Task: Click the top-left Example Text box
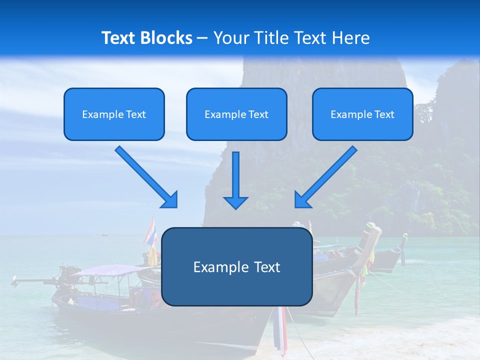coord(114,114)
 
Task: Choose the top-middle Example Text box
coord(236,114)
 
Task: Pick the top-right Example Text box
coord(362,114)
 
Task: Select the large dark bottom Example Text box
coord(236,266)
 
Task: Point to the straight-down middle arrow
coord(235,175)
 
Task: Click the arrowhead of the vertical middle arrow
coord(235,202)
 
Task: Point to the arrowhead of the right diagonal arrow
coord(302,199)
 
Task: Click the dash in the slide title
coord(203,38)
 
